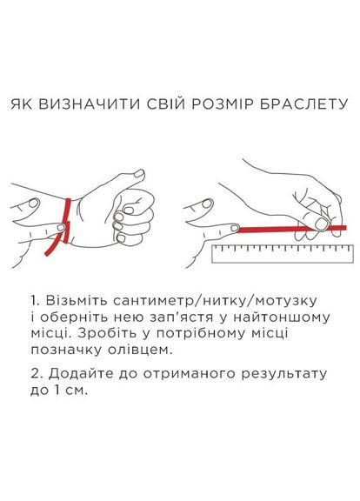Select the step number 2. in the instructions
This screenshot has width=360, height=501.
click(34, 373)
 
